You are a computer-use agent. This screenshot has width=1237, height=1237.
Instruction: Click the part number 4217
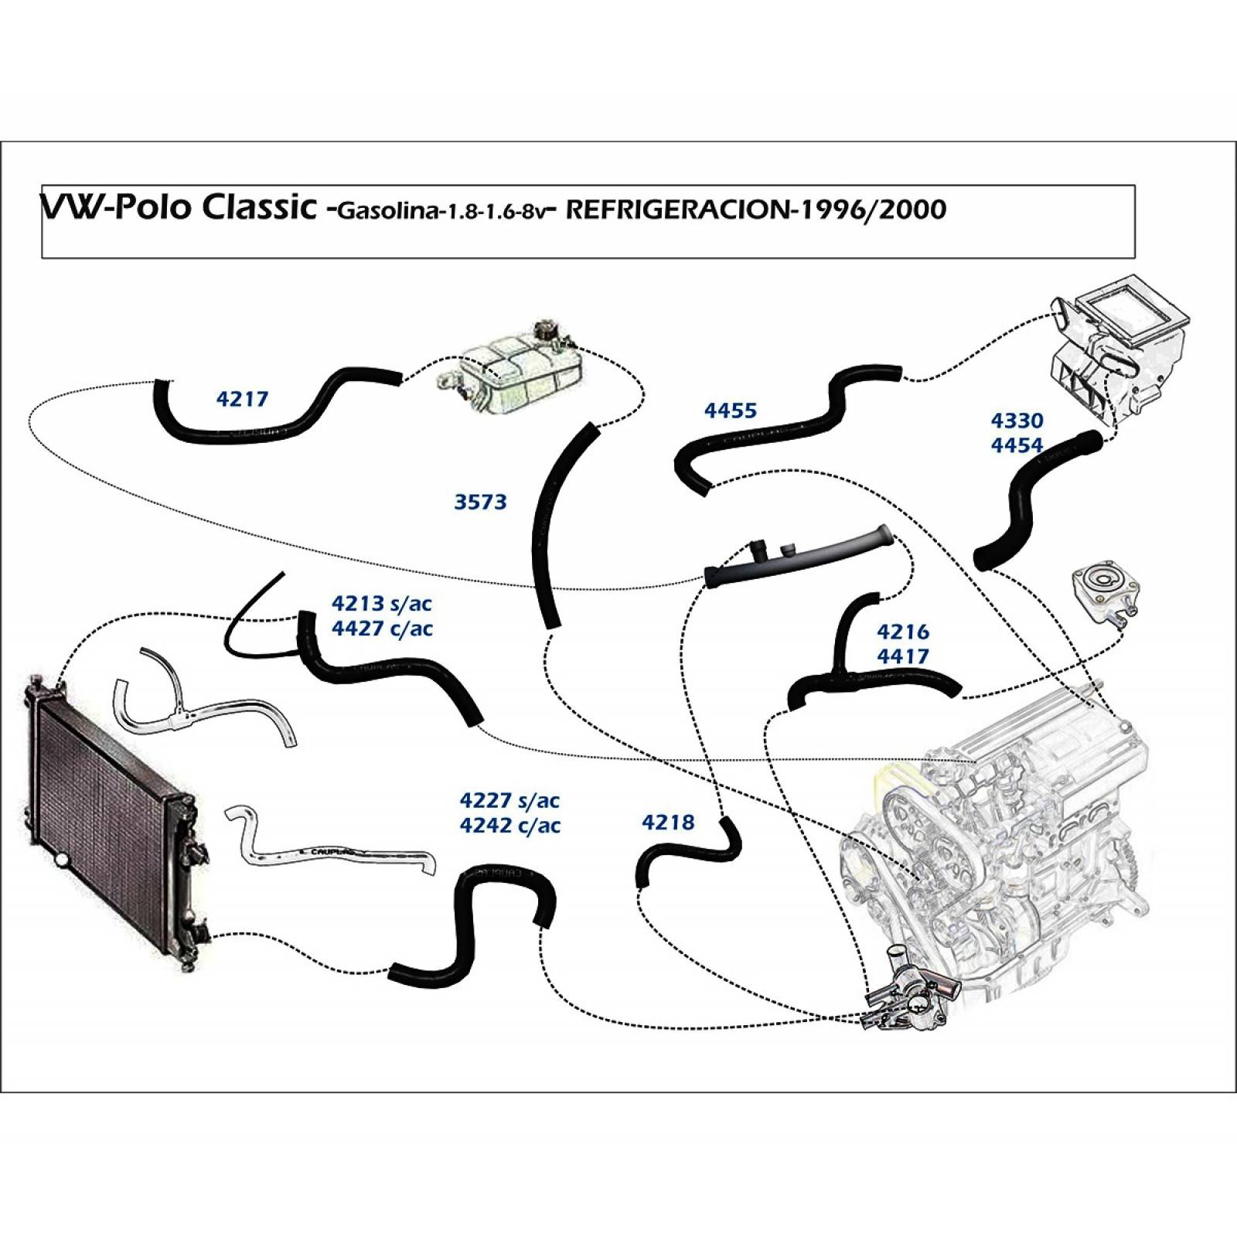242,399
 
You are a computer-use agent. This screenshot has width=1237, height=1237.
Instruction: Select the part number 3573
480,502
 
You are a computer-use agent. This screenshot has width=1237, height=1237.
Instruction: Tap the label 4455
730,411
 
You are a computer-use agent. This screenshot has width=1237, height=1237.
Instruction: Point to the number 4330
1017,421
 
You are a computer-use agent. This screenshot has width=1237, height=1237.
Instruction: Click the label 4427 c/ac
381,629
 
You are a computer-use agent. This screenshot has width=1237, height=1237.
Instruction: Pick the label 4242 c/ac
509,825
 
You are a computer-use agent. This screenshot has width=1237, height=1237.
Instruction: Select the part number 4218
668,822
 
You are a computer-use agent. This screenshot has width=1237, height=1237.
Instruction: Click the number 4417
902,656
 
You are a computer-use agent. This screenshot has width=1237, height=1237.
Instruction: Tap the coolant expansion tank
514,375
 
